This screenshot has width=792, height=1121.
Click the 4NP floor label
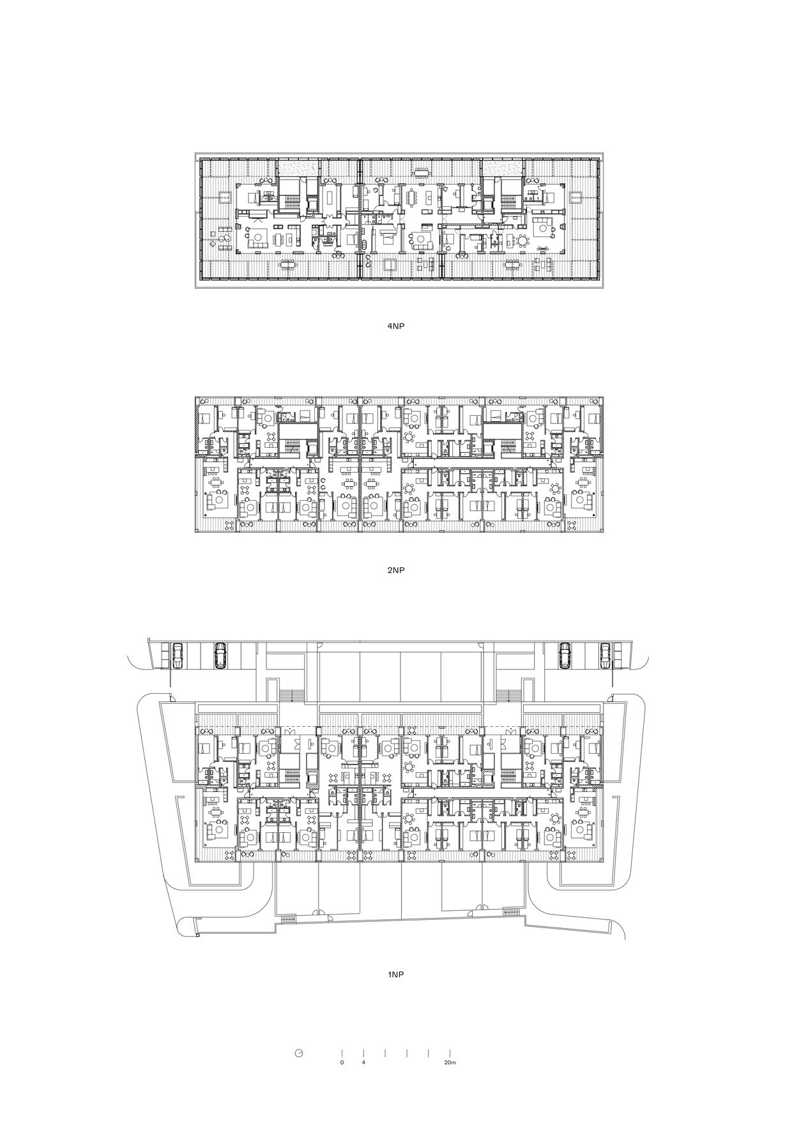tap(396, 326)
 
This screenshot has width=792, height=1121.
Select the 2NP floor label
tap(396, 570)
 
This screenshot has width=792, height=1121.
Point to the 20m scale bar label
tap(450, 1063)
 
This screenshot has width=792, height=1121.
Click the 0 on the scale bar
tap(342, 1063)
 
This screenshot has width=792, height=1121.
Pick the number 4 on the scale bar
tap(363, 1063)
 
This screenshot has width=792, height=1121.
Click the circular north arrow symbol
tap(298, 1053)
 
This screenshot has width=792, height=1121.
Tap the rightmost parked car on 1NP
tap(605, 655)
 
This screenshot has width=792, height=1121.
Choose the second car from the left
tap(220, 655)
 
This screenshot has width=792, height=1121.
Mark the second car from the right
tap(565, 655)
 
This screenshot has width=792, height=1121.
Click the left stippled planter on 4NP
tap(297, 167)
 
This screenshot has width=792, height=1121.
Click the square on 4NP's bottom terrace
tap(389, 265)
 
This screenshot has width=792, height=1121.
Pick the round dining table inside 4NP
tap(522, 241)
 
